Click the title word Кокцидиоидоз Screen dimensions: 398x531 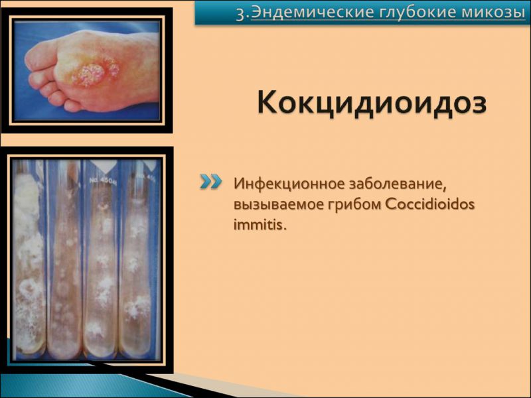click(372, 104)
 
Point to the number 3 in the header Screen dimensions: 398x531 click(240, 13)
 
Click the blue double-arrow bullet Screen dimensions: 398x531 click(210, 182)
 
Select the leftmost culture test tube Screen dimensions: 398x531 click(29, 259)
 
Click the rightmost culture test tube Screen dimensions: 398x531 click(139, 259)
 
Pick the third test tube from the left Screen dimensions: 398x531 click(101, 259)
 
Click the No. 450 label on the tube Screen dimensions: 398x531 click(100, 180)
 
